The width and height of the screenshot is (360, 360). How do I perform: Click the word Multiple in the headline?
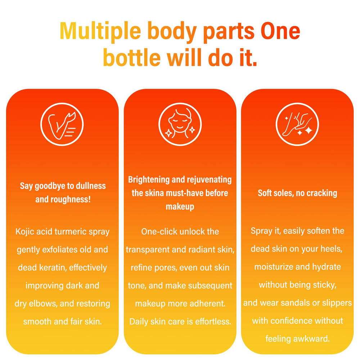100,31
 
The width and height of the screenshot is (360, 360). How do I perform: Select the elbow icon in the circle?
62,124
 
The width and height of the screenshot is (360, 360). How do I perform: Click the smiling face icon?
180,124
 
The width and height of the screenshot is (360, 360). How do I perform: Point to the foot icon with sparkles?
297,124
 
